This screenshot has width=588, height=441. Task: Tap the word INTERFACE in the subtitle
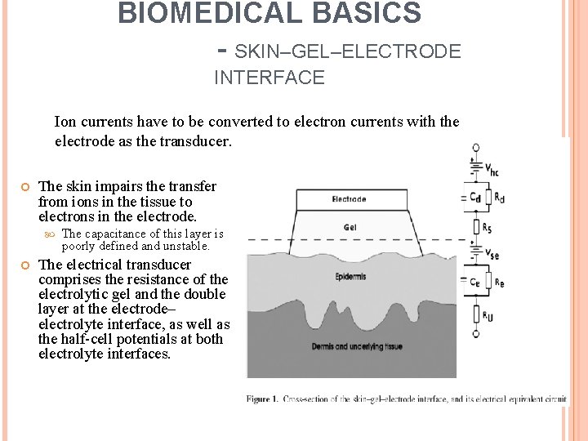point(269,78)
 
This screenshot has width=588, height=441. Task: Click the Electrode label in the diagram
point(349,198)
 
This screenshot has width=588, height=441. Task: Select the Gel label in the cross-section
point(350,228)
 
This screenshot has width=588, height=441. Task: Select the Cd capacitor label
point(474,197)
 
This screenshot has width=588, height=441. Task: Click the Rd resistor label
point(499,197)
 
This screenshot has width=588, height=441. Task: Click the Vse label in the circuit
point(492,255)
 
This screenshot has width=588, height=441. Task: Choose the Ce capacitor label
point(474,281)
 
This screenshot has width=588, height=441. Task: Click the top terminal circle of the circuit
point(475,148)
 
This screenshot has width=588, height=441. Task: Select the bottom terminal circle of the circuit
point(475,334)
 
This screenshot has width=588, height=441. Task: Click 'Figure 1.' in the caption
point(262,399)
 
